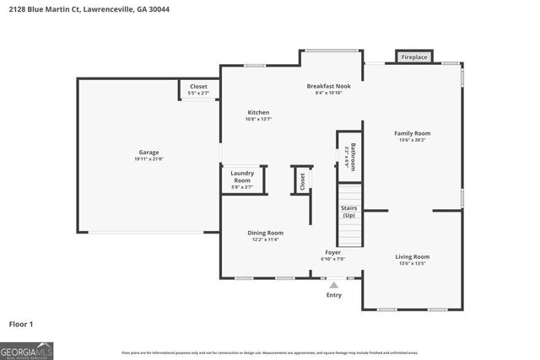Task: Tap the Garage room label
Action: (x=149, y=153)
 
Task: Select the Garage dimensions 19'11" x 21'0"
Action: (x=149, y=159)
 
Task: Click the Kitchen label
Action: (x=258, y=113)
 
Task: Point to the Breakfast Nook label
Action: (x=328, y=86)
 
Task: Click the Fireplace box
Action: (x=414, y=57)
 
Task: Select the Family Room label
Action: (x=413, y=133)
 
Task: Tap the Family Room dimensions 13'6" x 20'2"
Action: (x=413, y=140)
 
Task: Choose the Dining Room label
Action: (x=265, y=233)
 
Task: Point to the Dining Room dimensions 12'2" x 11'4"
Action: (x=265, y=240)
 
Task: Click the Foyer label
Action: (x=333, y=253)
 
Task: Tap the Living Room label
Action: (x=413, y=256)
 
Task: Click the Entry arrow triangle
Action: (x=334, y=286)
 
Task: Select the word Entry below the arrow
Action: (x=334, y=295)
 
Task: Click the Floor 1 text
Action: (x=21, y=324)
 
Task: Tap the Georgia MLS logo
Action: (x=27, y=349)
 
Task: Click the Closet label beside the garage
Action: (x=198, y=86)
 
